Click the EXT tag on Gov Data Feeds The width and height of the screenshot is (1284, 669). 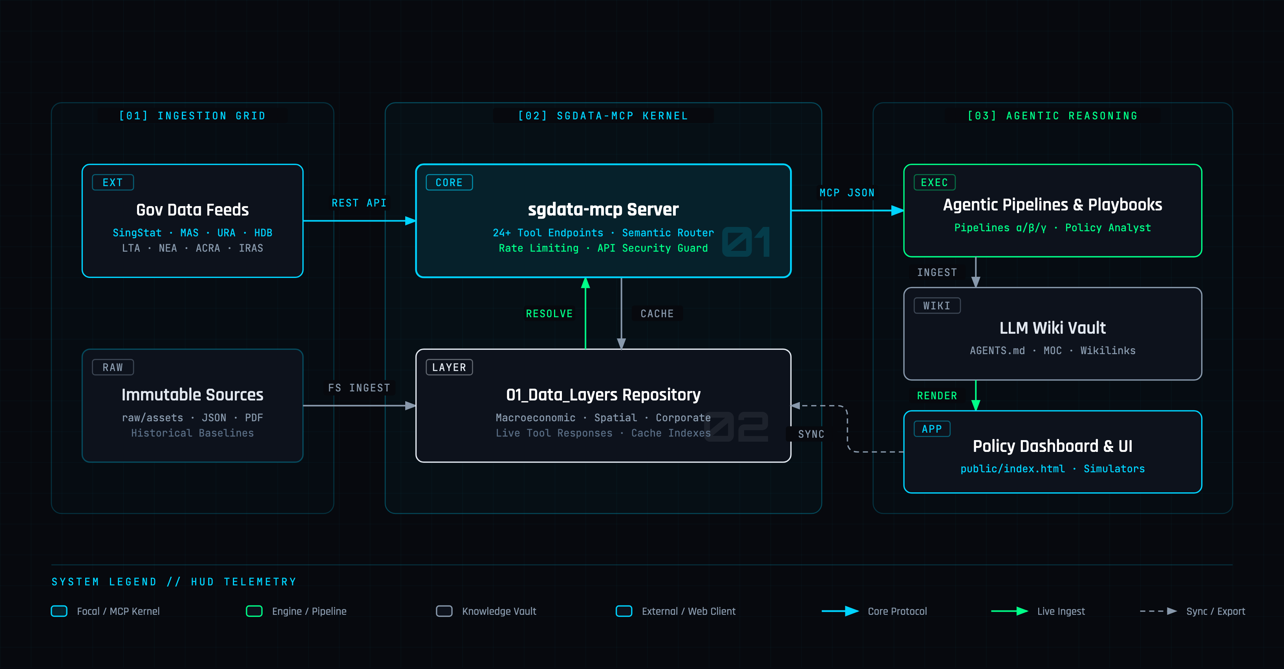point(113,183)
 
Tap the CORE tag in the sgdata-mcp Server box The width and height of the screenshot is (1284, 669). point(449,183)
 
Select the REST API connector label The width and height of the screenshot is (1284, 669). point(359,203)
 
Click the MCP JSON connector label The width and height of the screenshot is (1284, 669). point(847,193)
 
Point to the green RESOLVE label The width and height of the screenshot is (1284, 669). point(549,314)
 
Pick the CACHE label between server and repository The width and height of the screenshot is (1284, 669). point(657,314)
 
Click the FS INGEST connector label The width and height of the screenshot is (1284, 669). point(359,388)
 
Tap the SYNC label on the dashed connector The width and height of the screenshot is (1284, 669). point(811,434)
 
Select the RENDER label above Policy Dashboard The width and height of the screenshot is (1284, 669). point(937,396)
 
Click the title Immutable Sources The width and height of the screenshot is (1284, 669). point(192,395)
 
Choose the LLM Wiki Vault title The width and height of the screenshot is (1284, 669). point(1053,328)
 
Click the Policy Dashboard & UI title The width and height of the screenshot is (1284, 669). point(1053,446)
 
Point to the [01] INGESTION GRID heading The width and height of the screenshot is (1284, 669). point(192,116)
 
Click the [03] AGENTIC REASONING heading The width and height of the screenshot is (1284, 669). point(1053,116)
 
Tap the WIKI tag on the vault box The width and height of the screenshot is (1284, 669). point(937,305)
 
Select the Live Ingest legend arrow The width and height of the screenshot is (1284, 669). point(1010,611)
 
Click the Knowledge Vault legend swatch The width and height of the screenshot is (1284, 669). point(444,611)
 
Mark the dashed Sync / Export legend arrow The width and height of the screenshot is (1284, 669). point(1158,611)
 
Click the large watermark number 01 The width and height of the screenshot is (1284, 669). point(746,242)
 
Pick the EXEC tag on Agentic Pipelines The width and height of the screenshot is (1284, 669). point(935,183)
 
